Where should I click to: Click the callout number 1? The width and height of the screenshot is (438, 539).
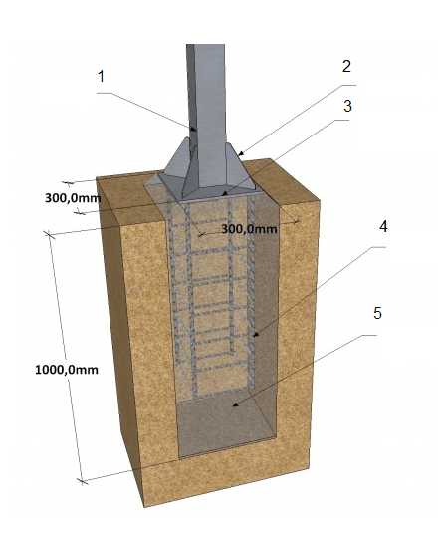[x=101, y=77]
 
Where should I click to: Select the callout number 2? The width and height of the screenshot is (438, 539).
[x=346, y=66]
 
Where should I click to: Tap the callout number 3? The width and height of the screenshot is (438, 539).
[x=347, y=106]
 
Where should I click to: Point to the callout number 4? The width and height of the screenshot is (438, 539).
[x=383, y=227]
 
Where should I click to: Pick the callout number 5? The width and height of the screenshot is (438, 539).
[x=377, y=313]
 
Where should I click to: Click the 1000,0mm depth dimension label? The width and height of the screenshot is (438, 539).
[x=67, y=370]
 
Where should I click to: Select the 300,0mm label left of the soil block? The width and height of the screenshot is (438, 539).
[x=73, y=198]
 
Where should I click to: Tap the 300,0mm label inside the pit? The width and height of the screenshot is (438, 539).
[x=249, y=229]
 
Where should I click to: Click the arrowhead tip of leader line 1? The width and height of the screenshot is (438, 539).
[x=196, y=130]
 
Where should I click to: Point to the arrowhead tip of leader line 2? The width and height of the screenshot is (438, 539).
[x=239, y=155]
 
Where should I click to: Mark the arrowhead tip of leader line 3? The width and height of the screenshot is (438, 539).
[x=224, y=195]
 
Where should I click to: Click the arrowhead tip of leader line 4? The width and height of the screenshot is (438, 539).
[x=254, y=336]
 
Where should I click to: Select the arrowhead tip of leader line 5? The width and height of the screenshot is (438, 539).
[x=233, y=406]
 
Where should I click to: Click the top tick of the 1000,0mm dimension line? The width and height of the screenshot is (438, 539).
[x=49, y=235]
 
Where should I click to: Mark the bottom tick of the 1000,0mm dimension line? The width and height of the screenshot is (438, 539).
[x=82, y=481]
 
